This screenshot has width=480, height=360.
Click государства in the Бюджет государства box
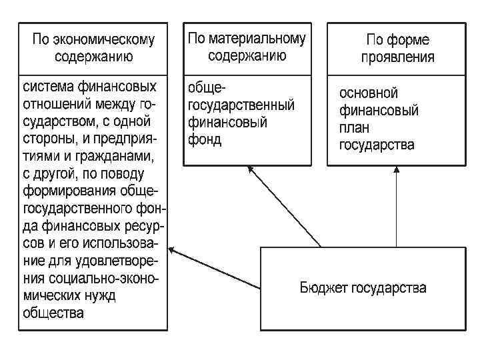(390, 288)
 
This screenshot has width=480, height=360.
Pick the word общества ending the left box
(53, 313)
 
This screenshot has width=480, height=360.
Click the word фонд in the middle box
(205, 140)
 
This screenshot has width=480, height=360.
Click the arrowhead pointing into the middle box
(251, 169)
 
